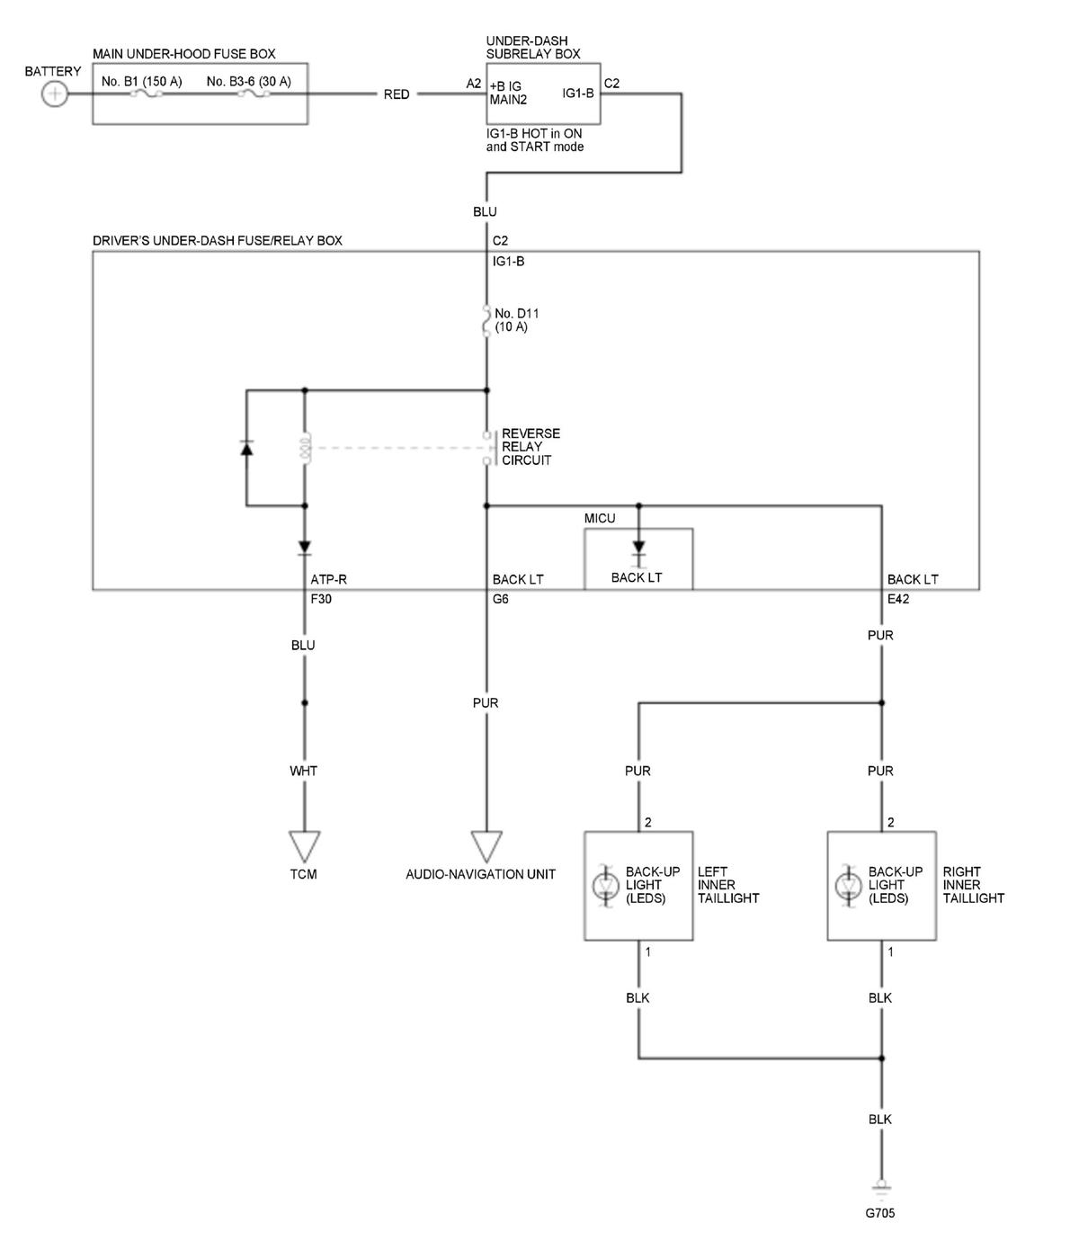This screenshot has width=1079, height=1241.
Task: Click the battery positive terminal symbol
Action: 54,94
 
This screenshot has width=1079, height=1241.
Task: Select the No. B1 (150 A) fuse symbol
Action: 147,94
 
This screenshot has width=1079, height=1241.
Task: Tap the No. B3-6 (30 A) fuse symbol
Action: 253,94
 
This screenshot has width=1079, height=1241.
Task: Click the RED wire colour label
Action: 396,94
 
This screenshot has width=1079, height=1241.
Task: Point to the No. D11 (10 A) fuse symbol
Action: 486,320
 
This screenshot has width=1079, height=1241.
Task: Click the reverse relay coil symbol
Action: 305,448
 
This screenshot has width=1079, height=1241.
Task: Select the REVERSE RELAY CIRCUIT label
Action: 531,446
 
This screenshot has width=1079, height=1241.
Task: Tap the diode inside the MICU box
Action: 638,549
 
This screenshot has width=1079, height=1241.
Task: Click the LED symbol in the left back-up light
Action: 605,886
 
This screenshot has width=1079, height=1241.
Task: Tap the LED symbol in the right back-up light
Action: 848,886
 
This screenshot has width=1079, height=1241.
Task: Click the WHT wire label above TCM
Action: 303,771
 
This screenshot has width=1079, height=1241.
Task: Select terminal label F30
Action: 321,599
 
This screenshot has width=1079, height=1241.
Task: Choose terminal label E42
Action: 898,599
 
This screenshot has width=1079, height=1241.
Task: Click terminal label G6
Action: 500,599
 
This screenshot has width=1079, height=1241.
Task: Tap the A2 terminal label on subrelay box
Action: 474,83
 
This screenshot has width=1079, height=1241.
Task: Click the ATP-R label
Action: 329,579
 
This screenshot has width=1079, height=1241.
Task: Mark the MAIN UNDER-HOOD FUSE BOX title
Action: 183,53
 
